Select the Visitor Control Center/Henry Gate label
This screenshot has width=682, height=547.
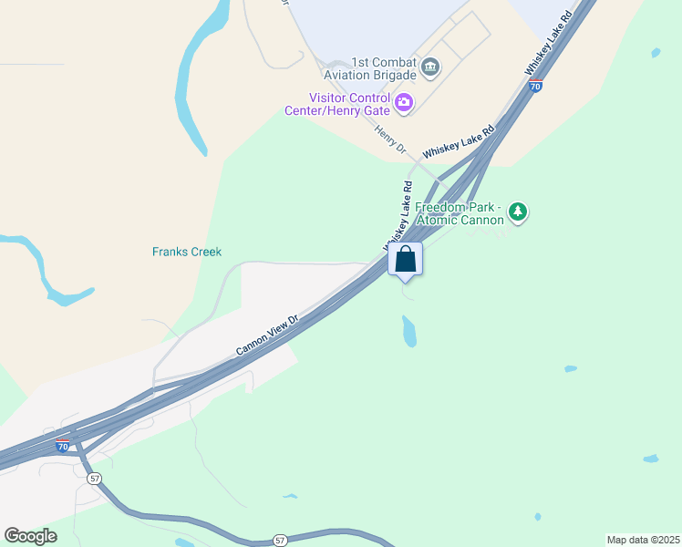tap(349, 104)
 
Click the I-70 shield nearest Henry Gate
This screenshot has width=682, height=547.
tap(535, 87)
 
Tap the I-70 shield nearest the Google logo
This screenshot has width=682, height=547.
tap(62, 447)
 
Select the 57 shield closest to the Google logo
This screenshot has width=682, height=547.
tap(94, 479)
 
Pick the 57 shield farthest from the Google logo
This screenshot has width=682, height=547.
tap(280, 541)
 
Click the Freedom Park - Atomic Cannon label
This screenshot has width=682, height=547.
tap(460, 213)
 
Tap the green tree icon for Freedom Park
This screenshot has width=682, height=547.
tap(518, 212)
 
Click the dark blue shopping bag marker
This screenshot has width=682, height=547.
tap(406, 260)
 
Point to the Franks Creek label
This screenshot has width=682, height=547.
tap(187, 252)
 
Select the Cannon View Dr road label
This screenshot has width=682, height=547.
tap(267, 335)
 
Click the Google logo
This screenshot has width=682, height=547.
tap(31, 535)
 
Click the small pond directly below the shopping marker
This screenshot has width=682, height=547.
tap(409, 331)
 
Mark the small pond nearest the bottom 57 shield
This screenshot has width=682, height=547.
tap(290, 497)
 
